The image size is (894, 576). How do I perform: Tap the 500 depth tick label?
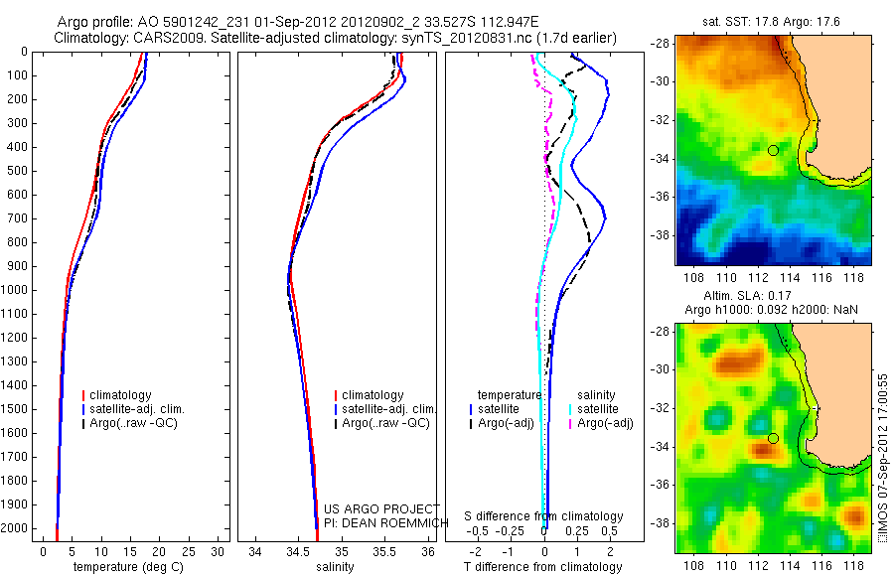click(15, 171)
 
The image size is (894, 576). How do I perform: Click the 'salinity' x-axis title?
click(335, 567)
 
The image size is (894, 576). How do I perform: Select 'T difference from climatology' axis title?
click(544, 567)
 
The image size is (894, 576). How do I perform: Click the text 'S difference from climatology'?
click(544, 516)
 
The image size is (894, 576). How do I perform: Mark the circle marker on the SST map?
click(773, 150)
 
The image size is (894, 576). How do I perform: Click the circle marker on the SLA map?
click(773, 438)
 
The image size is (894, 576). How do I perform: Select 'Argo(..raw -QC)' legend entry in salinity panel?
click(385, 423)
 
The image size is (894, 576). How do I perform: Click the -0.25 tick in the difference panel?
click(520, 532)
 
